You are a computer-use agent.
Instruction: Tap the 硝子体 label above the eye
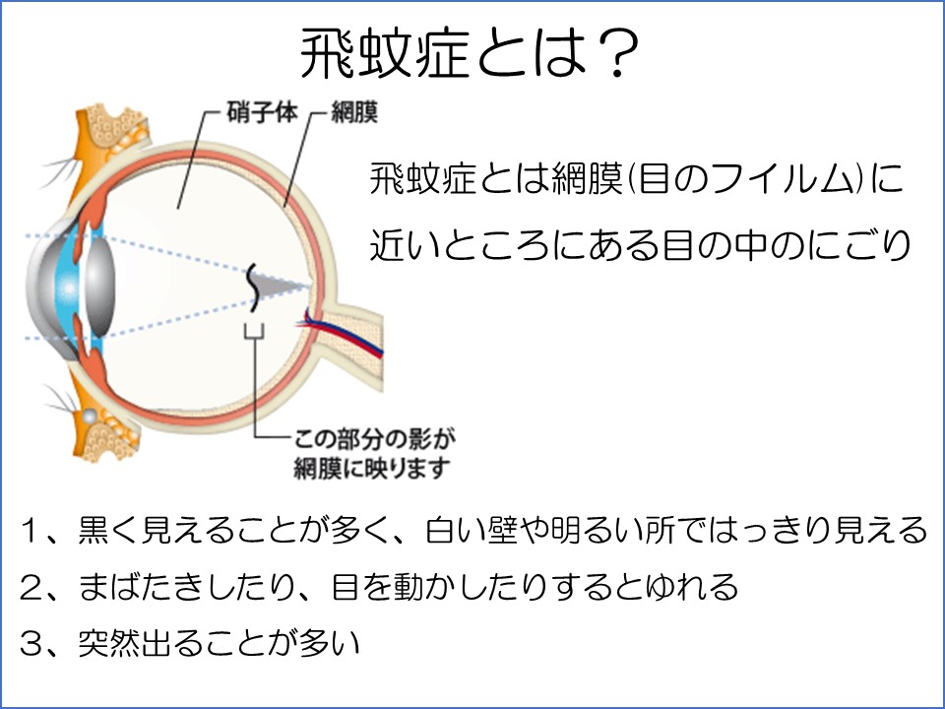262,112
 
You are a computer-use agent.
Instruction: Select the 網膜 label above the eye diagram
354,112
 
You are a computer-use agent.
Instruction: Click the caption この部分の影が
374,439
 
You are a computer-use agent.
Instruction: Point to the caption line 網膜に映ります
372,469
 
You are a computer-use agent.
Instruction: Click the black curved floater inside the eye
253,288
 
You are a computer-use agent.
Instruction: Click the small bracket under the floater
254,331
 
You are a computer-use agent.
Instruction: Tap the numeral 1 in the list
31,530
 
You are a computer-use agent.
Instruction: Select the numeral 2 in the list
31,587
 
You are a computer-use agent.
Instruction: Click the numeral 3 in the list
31,643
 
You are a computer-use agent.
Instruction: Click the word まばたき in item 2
142,587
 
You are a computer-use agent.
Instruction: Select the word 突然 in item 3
109,643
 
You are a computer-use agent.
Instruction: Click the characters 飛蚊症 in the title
386,55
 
